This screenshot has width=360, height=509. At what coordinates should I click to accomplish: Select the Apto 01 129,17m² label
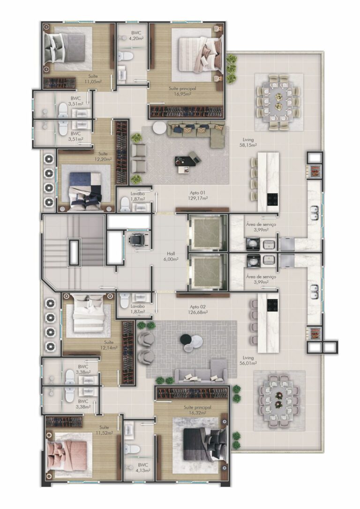pyautogui.click(x=197, y=195)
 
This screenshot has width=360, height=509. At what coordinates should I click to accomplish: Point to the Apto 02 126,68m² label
pyautogui.click(x=197, y=309)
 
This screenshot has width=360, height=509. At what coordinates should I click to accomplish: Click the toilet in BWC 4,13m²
pyautogui.click(x=133, y=449)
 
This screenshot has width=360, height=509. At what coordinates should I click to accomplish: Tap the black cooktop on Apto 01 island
pyautogui.click(x=272, y=200)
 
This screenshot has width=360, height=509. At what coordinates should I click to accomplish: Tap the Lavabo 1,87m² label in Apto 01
pyautogui.click(x=137, y=196)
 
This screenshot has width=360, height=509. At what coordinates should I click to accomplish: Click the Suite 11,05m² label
pyautogui.click(x=93, y=79)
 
